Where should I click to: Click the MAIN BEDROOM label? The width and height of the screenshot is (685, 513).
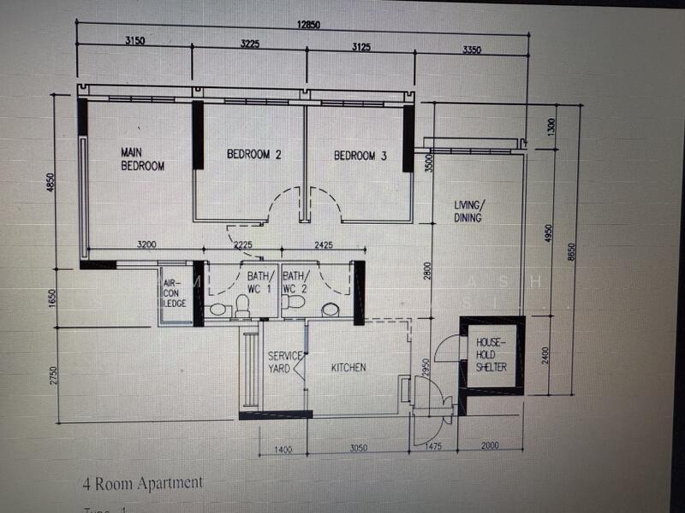[x=141, y=159]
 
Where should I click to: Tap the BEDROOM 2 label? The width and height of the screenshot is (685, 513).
[x=253, y=156]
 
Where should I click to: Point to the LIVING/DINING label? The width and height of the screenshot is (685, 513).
[x=468, y=211]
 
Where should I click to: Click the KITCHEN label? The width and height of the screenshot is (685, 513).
[x=348, y=368]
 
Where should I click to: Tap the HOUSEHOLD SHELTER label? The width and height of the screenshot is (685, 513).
[x=491, y=355]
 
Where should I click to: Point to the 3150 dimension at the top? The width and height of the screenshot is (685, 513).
[x=134, y=41]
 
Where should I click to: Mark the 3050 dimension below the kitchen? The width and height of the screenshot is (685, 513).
[x=359, y=449]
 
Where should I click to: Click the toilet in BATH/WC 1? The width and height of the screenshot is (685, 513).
[x=217, y=310]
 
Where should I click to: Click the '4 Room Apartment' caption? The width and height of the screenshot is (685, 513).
[x=143, y=483]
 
